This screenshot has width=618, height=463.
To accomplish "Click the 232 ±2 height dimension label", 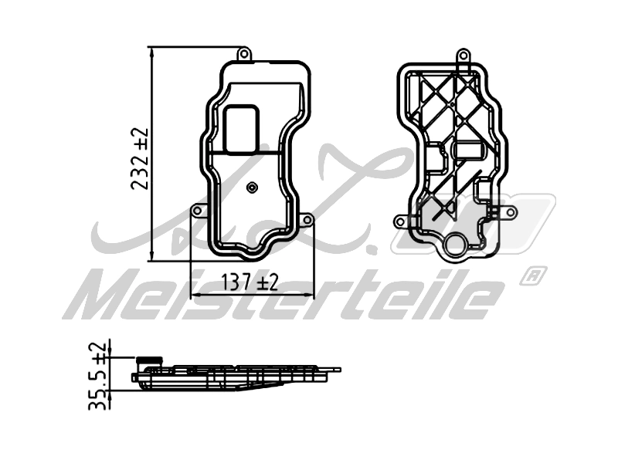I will coord(141,160).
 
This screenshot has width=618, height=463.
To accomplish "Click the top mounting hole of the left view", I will coord(244,54).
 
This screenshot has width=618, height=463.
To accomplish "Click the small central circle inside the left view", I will coord(253,188).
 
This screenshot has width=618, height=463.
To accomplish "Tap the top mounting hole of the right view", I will coord(463,56).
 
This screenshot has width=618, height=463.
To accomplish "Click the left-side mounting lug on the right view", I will coord(400,221).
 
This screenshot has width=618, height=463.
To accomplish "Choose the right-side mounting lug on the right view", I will coord(508,211).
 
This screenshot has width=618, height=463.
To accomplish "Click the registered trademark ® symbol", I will coord(534,274).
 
